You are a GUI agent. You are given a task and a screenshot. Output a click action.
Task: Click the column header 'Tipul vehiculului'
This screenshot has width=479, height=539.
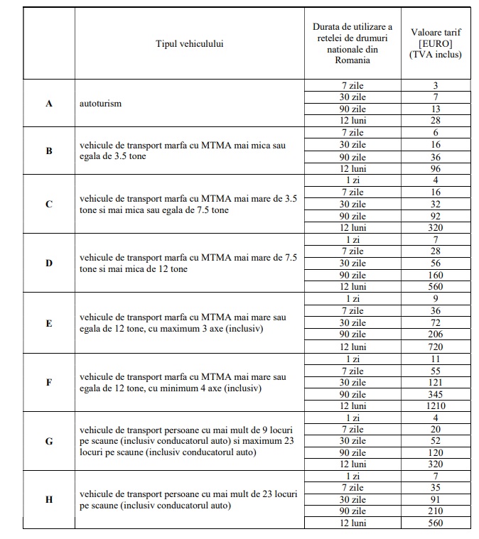[x=189, y=44]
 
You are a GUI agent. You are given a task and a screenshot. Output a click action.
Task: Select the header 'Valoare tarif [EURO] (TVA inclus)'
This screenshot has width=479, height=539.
[x=436, y=43]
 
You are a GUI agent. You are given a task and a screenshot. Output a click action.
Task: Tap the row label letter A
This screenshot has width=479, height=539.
[x=49, y=103]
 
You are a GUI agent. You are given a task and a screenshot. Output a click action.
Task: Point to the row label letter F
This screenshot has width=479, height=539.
[x=49, y=382]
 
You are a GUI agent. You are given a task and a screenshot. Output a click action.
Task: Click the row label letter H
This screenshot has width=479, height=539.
[x=49, y=499]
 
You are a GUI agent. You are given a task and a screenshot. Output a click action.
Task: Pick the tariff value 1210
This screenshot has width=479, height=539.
[x=436, y=405]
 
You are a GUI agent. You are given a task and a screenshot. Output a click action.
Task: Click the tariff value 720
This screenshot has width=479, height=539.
[x=436, y=347]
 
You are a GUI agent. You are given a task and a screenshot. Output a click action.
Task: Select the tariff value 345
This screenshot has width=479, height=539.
[x=436, y=393]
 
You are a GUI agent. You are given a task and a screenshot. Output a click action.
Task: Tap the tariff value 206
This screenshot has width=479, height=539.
[x=436, y=334]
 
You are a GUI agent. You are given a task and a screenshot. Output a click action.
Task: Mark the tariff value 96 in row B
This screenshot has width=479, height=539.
[x=436, y=168]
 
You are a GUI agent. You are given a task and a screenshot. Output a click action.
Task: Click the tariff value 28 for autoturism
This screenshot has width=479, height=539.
[x=436, y=121]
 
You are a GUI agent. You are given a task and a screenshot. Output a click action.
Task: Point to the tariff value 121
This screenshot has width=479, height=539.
[x=436, y=382]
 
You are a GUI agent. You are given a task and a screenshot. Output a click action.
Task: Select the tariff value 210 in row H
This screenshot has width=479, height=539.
[x=436, y=511]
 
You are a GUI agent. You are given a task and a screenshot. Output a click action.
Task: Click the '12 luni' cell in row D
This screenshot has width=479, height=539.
[x=352, y=286]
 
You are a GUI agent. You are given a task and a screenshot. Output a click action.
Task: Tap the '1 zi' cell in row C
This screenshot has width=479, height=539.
[x=352, y=180]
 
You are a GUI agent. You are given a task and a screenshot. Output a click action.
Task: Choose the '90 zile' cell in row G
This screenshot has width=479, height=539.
[x=352, y=452]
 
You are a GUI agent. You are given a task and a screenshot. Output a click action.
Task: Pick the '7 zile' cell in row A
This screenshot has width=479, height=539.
[x=352, y=85]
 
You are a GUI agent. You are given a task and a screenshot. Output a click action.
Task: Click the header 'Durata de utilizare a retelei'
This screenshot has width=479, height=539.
[x=352, y=43]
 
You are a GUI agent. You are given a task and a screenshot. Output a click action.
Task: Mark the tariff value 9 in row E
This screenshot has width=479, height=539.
[x=436, y=298]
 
